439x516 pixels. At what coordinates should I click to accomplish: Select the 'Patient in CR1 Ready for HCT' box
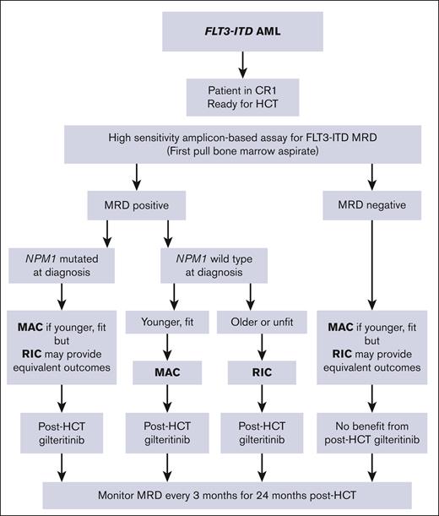click(x=219, y=90)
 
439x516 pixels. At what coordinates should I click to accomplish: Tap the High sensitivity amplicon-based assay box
click(x=219, y=144)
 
